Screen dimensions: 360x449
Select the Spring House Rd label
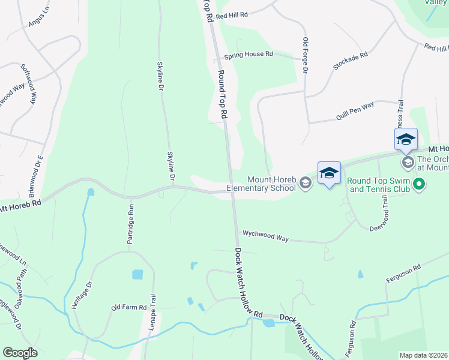point(249,55)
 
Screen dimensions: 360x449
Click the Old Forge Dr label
point(305,56)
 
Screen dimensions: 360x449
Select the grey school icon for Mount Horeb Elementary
point(306,183)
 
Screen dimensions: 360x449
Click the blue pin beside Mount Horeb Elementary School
point(329,174)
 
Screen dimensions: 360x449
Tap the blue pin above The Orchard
point(406,140)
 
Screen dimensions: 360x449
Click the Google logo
point(20,353)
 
